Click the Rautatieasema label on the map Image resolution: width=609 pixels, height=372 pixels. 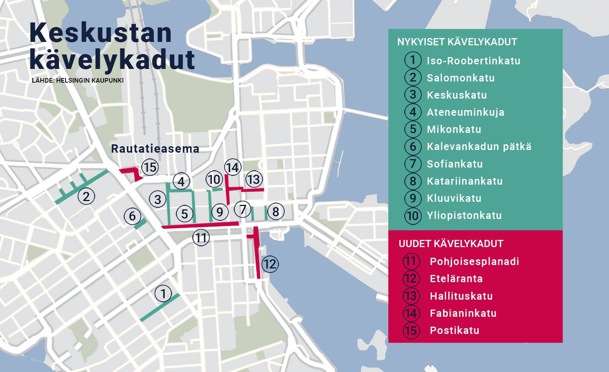click(155, 149)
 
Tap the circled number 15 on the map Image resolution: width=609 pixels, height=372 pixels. click(150, 167)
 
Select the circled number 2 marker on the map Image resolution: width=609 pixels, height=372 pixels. click(86, 196)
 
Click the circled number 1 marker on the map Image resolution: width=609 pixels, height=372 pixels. click(163, 294)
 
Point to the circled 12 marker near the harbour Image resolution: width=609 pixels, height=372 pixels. click(269, 264)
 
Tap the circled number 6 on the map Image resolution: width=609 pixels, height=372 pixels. click(132, 216)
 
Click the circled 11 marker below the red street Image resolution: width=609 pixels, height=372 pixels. click(201, 238)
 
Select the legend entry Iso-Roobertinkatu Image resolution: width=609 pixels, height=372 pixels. click(473, 61)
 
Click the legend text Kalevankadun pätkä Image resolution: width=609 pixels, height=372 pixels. click(479, 147)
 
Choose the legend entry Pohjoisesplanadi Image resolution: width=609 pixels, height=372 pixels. click(474, 262)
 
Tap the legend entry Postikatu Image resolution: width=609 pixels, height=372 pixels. click(454, 330)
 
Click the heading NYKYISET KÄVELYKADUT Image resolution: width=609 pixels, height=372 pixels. click(457, 42)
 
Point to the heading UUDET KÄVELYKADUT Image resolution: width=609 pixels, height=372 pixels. click(451, 244)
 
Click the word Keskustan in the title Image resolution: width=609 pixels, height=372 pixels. click(101, 33)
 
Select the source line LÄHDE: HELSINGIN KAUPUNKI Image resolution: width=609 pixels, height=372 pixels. click(78, 81)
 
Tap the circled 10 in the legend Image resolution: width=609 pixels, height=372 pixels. click(413, 216)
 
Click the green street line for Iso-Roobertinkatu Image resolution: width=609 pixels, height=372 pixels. click(160, 307)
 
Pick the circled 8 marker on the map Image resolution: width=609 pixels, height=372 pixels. click(276, 211)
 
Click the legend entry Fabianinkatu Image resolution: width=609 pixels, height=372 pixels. click(463, 313)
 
